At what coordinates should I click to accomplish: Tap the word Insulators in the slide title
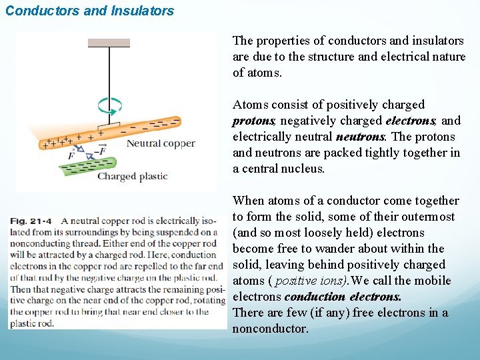click(143, 11)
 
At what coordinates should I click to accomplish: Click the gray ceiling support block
click(109, 43)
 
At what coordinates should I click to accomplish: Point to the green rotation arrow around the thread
click(109, 105)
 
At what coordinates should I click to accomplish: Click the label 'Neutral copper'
click(161, 143)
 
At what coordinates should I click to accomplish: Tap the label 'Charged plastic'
click(132, 177)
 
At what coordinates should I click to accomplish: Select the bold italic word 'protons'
click(253, 121)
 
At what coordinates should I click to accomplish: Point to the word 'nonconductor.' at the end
click(271, 329)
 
